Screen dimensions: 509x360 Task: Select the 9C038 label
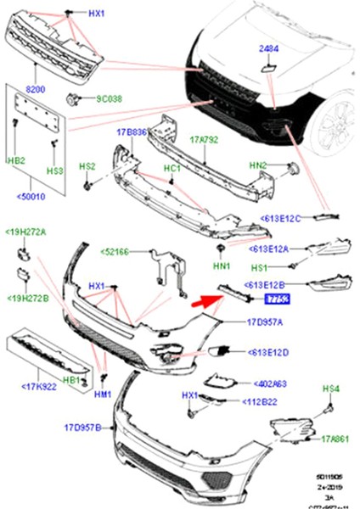point(108,99)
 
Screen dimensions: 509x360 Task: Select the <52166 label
point(117,251)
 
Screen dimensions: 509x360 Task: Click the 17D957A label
point(266,323)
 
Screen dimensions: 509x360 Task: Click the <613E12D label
point(270,351)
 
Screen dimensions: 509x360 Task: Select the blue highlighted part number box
point(277,299)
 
